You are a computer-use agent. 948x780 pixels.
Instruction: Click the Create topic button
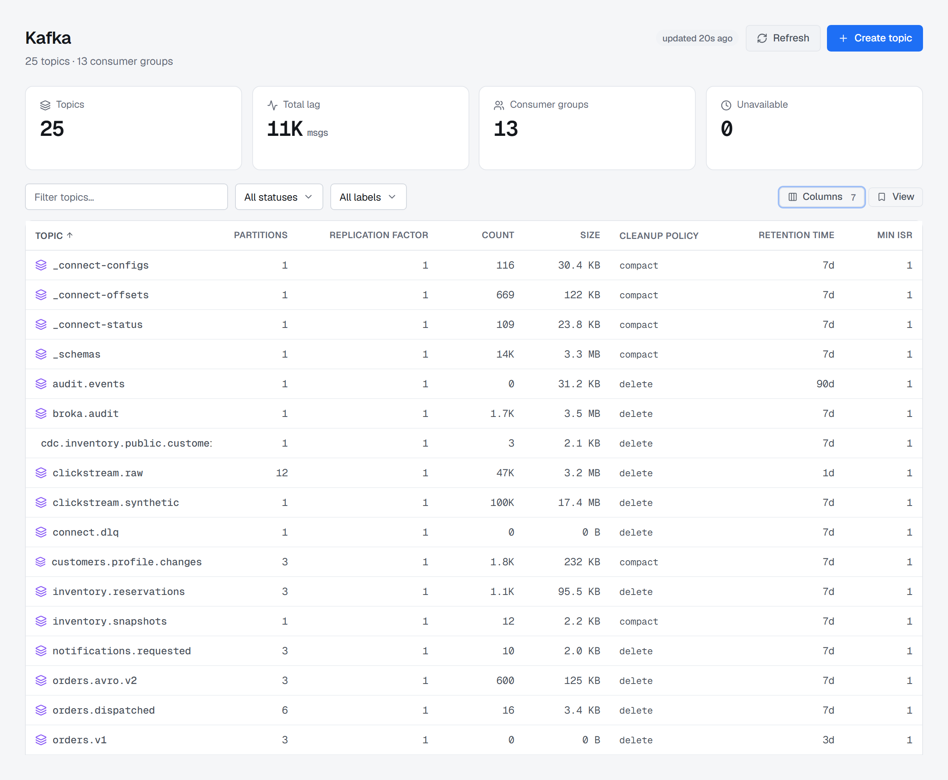coord(874,38)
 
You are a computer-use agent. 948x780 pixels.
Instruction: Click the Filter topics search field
coord(126,197)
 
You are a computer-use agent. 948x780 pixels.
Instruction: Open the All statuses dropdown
coord(278,197)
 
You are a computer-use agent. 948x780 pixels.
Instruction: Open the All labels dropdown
coord(368,197)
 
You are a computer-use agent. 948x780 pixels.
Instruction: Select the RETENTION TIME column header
coord(796,235)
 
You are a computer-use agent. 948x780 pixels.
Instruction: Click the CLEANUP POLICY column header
coord(659,235)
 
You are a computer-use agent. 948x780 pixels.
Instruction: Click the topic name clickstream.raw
coord(98,473)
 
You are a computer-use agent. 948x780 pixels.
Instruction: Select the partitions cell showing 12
coord(282,473)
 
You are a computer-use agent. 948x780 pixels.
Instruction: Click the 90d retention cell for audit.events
coord(825,384)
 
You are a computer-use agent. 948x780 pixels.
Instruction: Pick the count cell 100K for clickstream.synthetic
coord(502,502)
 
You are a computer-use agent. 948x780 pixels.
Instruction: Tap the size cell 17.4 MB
coord(579,502)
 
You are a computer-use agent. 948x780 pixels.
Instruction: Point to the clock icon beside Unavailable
coord(726,105)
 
